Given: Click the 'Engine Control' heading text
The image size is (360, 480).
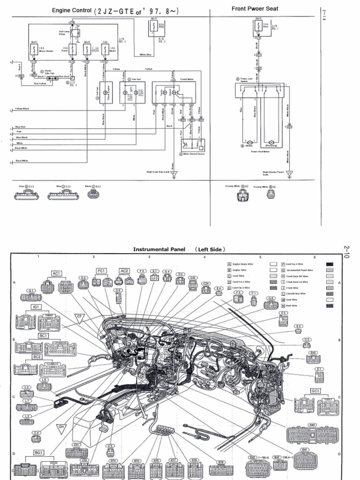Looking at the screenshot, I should (x=72, y=10).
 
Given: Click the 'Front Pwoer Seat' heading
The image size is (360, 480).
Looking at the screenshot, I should (x=255, y=8).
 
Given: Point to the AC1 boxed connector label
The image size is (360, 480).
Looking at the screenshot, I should (x=57, y=273).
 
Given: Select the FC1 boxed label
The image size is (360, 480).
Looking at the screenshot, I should (x=102, y=270).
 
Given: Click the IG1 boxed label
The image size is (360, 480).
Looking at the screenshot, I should (x=37, y=307).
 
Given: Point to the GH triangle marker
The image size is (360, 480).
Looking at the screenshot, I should (x=60, y=427).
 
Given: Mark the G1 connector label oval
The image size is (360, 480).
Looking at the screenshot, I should (x=31, y=291).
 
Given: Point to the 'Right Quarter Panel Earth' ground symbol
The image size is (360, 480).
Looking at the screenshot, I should (x=289, y=174).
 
